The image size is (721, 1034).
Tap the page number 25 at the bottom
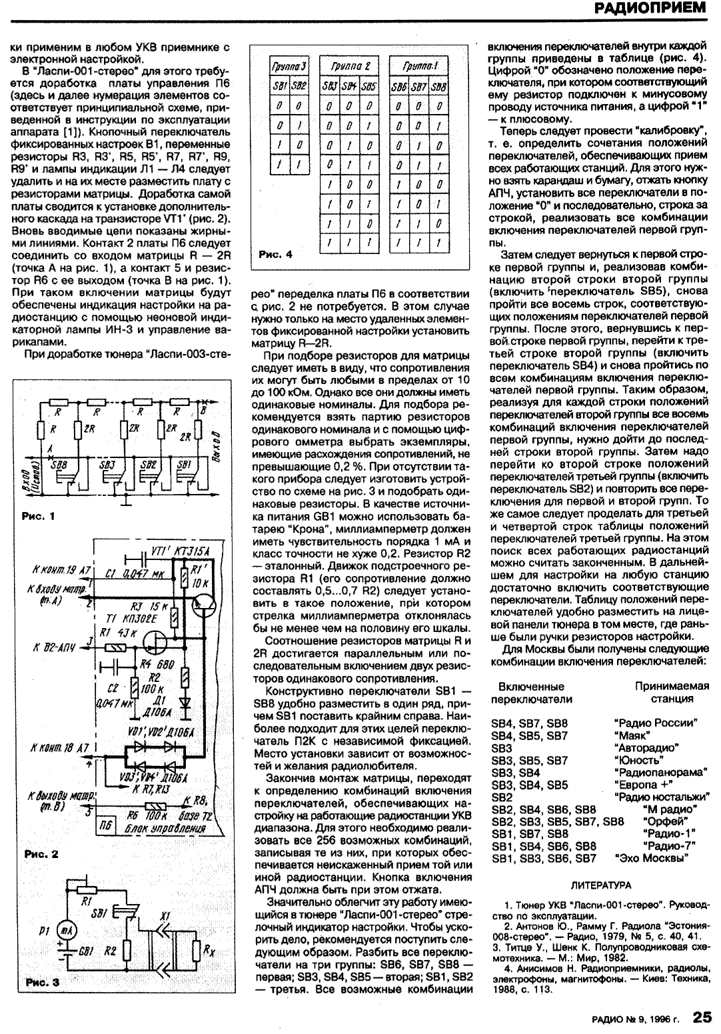pos(702,1017)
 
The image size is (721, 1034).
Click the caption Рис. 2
pos(41,853)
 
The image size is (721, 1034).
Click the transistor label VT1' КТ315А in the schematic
pos(179,551)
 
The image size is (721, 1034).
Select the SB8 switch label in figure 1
pos(59,464)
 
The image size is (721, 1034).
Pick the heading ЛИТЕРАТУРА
pos(602,885)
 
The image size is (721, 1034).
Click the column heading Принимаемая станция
pos(671,692)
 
